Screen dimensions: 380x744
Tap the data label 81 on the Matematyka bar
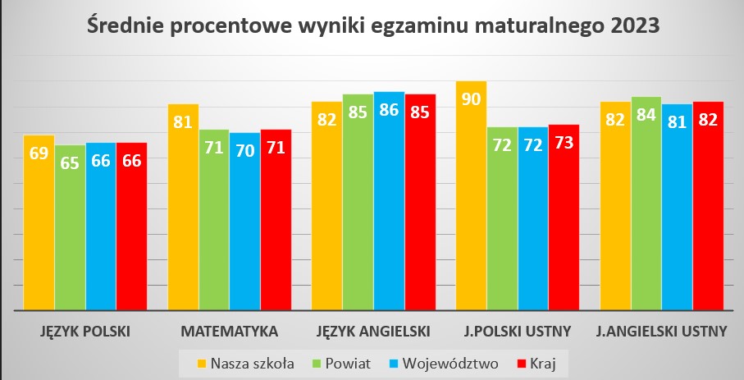point(183,122)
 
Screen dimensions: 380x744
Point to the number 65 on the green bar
point(70,162)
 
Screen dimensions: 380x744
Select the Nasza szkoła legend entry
point(245,361)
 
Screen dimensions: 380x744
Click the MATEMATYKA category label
point(229,332)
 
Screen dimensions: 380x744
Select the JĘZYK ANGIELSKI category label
point(373,332)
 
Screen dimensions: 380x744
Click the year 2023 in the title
point(635,25)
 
